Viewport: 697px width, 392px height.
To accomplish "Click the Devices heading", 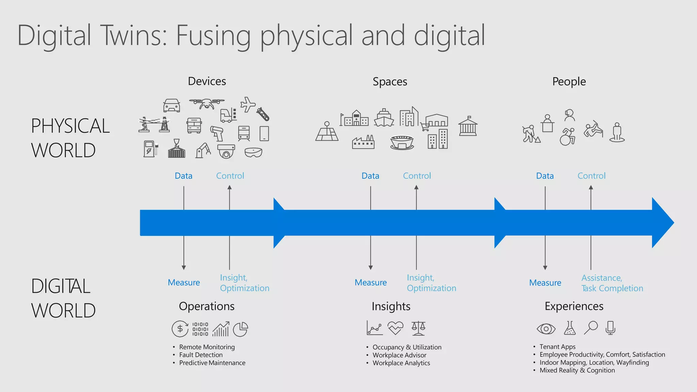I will point(207,81).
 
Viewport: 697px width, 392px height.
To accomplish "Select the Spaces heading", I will point(390,82).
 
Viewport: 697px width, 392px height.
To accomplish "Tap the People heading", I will point(569,82).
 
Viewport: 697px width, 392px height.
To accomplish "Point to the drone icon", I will point(207,103).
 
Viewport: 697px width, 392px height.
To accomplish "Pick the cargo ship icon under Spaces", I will point(384,118).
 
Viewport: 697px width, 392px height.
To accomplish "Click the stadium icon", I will point(402,142).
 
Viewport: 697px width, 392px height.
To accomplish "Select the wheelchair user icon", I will point(567,137).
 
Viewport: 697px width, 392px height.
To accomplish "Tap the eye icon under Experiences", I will point(546,329).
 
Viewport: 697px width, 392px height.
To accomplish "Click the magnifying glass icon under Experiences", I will point(591,328).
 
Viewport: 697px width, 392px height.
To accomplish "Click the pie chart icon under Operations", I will point(241,329).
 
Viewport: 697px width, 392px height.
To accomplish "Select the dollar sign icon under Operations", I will point(180,329).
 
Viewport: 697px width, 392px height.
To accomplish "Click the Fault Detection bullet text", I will point(201,355).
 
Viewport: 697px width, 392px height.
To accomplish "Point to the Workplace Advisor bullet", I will point(399,355).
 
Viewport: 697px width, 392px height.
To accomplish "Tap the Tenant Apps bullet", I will point(557,347).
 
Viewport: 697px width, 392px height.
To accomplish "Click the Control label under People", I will point(591,176).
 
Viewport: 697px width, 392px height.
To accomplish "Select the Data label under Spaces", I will point(370,176).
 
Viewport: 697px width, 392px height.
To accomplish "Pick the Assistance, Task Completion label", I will point(612,283).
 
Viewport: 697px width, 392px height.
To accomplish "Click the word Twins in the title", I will point(133,35).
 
